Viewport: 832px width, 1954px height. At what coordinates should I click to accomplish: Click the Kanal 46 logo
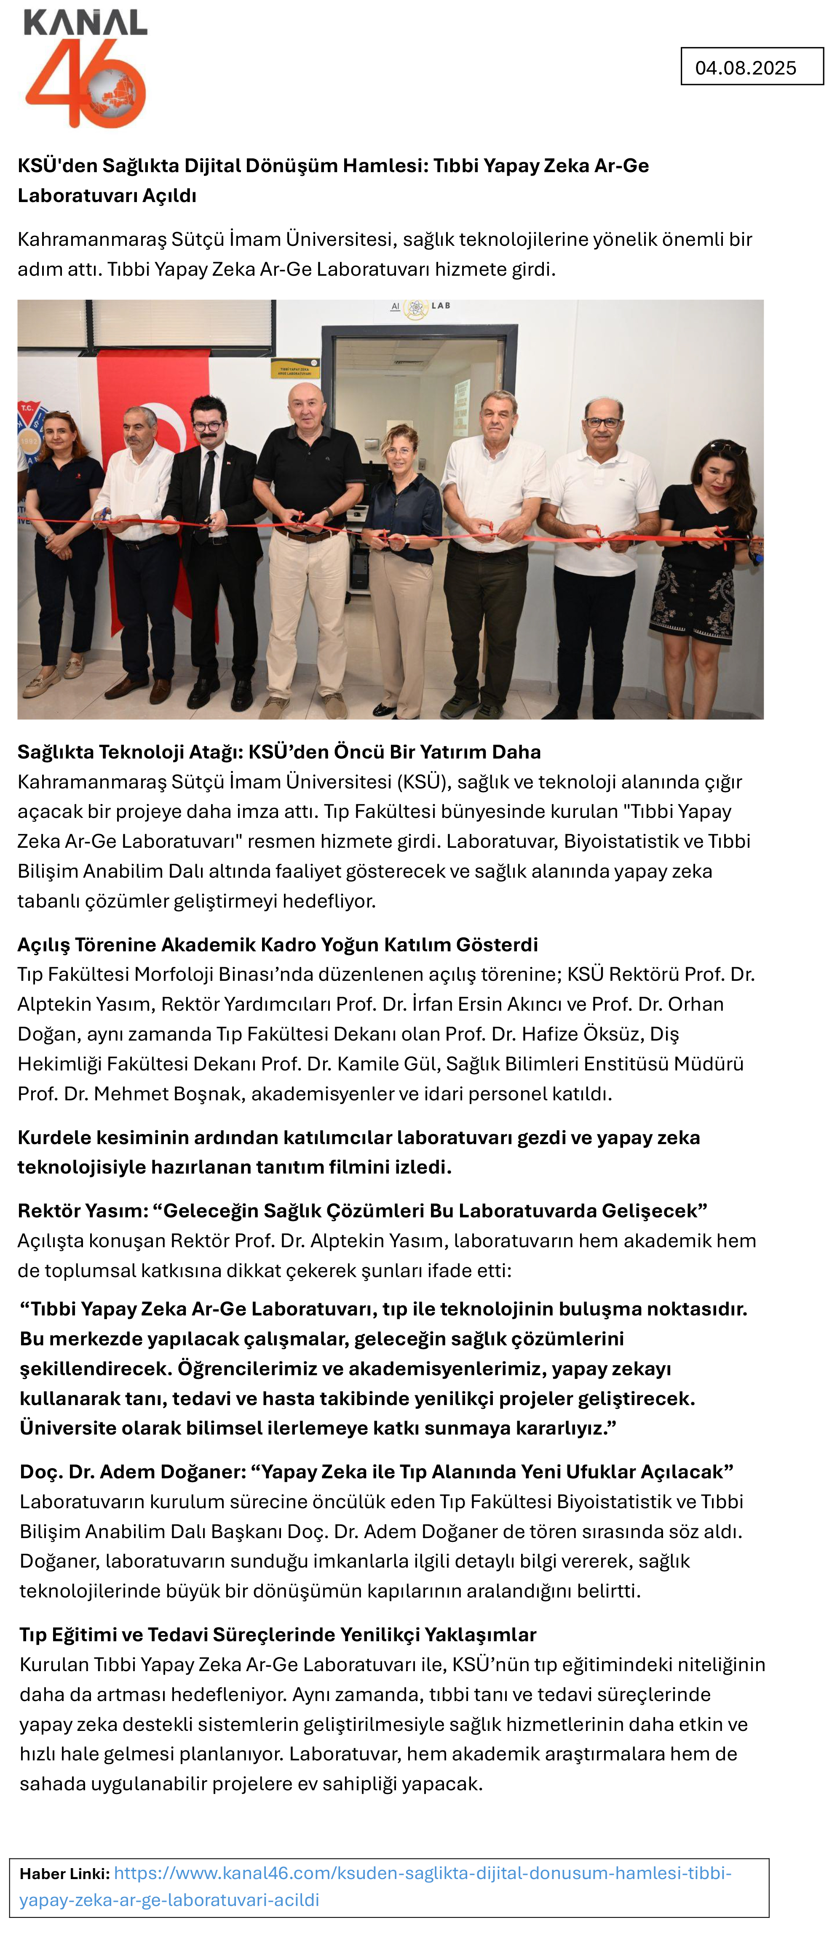point(86,68)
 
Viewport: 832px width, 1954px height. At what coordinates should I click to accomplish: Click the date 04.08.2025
point(746,67)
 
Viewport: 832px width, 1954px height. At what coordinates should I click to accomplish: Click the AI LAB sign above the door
point(420,306)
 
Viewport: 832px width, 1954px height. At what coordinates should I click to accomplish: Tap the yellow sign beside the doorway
point(293,370)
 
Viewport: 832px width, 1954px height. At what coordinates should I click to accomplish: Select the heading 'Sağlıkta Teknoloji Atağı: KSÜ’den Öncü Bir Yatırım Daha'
point(278,752)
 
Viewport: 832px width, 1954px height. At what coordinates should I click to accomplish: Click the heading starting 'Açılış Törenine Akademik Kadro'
point(277,945)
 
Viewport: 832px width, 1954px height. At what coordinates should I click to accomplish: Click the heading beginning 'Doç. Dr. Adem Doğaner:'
point(376,1472)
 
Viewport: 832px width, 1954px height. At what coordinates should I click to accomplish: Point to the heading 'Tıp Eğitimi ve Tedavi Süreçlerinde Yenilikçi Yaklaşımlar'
point(278,1635)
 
